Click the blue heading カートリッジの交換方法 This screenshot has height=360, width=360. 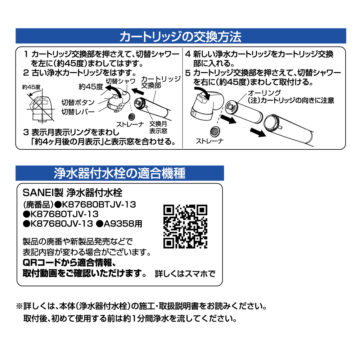click(x=180, y=36)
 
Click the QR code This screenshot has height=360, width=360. click(x=185, y=226)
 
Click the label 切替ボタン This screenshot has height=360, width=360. click(x=78, y=102)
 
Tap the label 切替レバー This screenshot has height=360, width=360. click(x=78, y=112)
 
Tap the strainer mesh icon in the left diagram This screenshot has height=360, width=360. click(x=132, y=117)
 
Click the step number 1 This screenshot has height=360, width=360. click(x=26, y=55)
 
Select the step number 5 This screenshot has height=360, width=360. click(x=188, y=73)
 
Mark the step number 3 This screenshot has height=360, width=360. click(x=25, y=132)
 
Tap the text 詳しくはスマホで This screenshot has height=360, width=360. click(x=185, y=274)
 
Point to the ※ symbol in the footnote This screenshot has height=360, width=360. click(x=19, y=307)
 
